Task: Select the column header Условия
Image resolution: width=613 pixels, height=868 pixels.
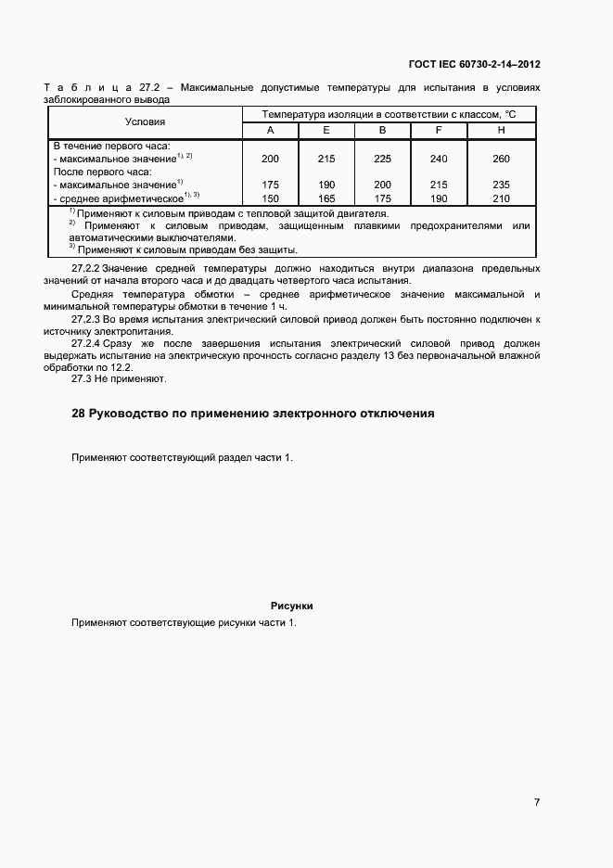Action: [x=146, y=121]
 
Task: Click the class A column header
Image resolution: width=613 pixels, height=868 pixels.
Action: [x=270, y=131]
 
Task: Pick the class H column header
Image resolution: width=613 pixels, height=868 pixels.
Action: [x=501, y=131]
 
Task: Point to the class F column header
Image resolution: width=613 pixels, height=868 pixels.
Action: [x=439, y=131]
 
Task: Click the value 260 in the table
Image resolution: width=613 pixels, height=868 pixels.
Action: [x=501, y=159]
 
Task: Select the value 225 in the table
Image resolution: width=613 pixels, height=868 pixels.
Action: [x=382, y=159]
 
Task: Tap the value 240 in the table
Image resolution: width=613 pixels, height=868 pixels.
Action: [x=439, y=159]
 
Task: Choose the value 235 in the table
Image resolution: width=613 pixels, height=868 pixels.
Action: [x=501, y=185]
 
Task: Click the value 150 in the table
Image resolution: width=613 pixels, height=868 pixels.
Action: [x=270, y=198]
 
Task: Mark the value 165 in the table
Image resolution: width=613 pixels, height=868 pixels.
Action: [x=326, y=198]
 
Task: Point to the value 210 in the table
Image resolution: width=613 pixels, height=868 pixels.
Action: [x=501, y=198]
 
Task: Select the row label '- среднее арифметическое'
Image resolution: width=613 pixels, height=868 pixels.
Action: [x=116, y=198]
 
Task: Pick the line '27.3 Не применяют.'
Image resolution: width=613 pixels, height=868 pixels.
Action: [x=118, y=379]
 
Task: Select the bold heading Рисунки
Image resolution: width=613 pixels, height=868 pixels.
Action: [x=291, y=606]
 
